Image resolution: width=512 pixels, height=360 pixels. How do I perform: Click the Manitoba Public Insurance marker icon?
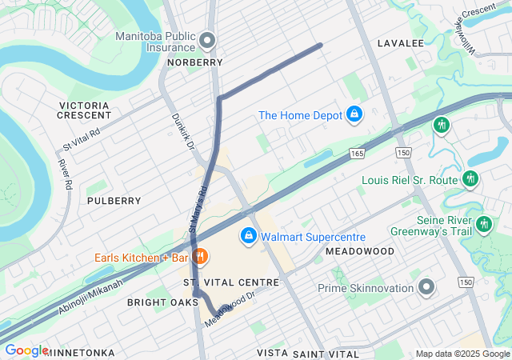pos(208,40)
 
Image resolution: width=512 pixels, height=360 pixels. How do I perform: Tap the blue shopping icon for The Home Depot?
pos(353,115)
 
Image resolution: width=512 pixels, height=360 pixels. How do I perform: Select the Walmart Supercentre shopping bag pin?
pos(249,237)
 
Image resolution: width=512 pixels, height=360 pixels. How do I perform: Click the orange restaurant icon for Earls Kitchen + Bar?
pos(200,258)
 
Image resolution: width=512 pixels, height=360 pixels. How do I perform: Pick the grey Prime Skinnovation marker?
pos(426,286)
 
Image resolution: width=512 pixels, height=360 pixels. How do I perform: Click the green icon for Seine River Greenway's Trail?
pos(483,223)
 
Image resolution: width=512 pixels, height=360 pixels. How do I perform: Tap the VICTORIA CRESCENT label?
pos(83,110)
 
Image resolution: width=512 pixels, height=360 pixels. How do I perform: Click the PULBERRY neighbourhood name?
pos(114,200)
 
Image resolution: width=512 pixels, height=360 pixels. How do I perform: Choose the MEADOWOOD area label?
pos(359,251)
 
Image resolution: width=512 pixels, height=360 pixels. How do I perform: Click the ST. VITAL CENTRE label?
pos(231,282)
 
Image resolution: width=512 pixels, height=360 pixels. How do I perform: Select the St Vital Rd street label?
pos(82,141)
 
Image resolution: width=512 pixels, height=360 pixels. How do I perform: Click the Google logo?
pos(26,350)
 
